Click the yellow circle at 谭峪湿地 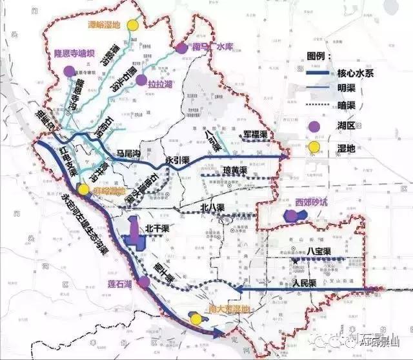coord(133,25)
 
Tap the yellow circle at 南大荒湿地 coord(194,317)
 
